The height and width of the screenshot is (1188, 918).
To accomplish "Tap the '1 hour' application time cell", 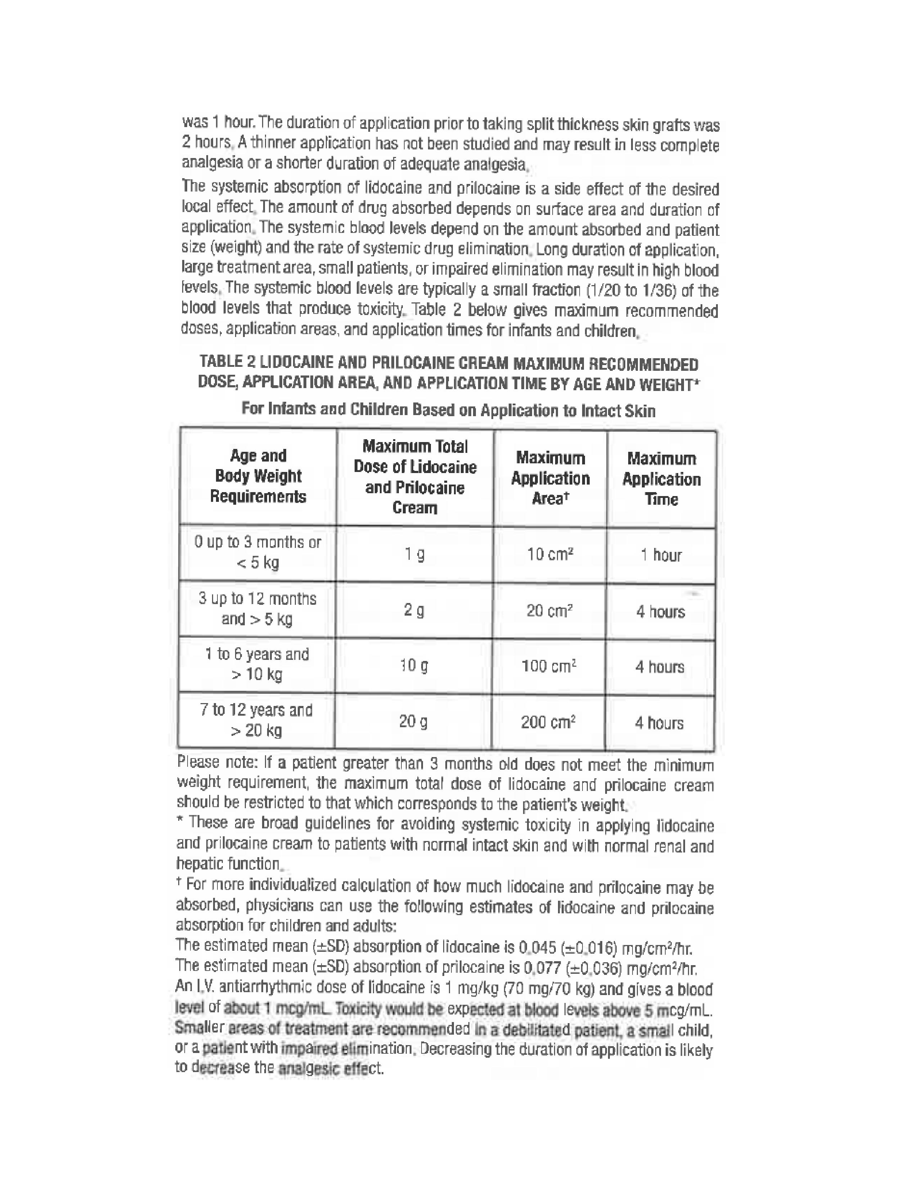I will tap(661, 555).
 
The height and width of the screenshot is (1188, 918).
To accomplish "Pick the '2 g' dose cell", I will tap(414, 611).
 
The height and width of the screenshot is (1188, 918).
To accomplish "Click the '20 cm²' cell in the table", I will tap(549, 611).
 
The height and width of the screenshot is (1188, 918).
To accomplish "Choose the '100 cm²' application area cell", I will tap(549, 666).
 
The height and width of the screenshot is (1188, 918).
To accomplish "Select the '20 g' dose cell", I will tap(413, 722).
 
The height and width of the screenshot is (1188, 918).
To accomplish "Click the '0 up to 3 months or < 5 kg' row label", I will tap(258, 552).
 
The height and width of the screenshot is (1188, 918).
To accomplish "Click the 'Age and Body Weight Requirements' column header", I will tap(258, 476).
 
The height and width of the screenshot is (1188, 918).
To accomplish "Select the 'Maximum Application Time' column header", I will tap(661, 479).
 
